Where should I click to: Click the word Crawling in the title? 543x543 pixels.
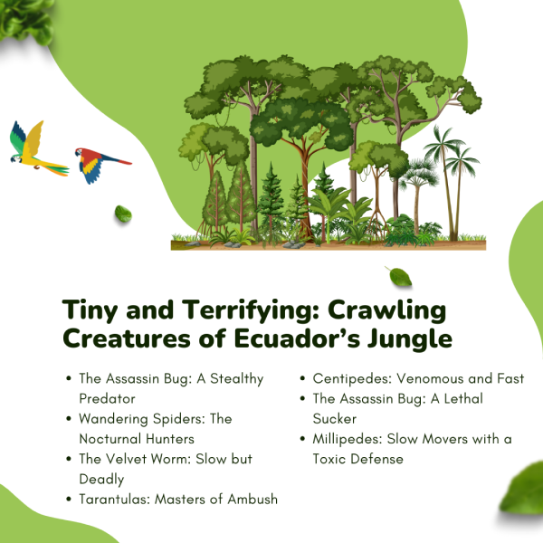tap(386, 310)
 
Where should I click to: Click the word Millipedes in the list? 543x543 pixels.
tap(348, 439)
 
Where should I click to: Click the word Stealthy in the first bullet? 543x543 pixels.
tap(237, 379)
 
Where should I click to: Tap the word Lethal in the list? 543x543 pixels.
tap(463, 398)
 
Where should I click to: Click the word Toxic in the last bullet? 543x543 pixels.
tap(329, 459)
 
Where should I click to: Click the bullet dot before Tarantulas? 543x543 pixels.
tap(69, 500)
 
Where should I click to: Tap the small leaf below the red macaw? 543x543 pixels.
tap(123, 214)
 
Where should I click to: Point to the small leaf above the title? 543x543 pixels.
tap(400, 277)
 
